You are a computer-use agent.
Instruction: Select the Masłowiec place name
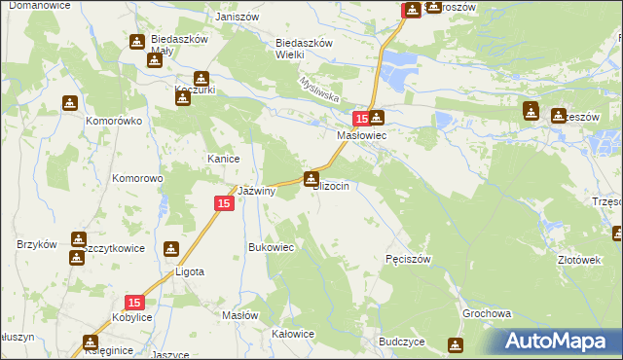pyautogui.click(x=362, y=136)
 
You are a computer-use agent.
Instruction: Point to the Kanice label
pyautogui.click(x=223, y=159)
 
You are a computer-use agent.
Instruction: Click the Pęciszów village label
pyautogui.click(x=408, y=259)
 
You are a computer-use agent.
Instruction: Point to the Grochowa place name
pyautogui.click(x=487, y=315)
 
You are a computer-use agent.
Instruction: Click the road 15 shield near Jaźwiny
pyautogui.click(x=223, y=202)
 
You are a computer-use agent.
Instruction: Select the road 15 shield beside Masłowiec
pyautogui.click(x=360, y=119)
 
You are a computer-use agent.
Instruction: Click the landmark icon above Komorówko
pyautogui.click(x=70, y=102)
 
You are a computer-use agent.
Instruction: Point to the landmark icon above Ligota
pyautogui.click(x=171, y=249)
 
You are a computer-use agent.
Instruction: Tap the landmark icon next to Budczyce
pyautogui.click(x=455, y=344)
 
